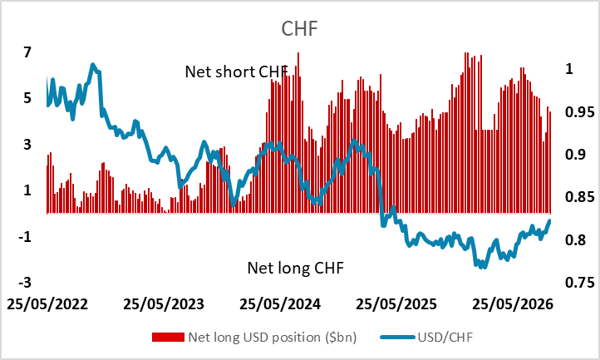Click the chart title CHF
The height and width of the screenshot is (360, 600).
pyautogui.click(x=300, y=28)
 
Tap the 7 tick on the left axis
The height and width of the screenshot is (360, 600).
pyautogui.click(x=27, y=52)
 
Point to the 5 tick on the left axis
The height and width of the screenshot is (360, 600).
pyautogui.click(x=27, y=98)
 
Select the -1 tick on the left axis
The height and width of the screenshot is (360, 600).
pyautogui.click(x=24, y=237)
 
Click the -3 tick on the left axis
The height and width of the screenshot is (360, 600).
pyautogui.click(x=24, y=283)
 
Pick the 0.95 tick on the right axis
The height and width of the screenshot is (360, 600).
pyautogui.click(x=580, y=112)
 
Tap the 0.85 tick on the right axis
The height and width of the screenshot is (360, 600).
pyautogui.click(x=580, y=197)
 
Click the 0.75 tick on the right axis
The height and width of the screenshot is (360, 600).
pyautogui.click(x=580, y=283)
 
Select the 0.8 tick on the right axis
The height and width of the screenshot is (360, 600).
pyautogui.click(x=576, y=240)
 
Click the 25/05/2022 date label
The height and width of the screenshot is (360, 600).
pyautogui.click(x=47, y=304)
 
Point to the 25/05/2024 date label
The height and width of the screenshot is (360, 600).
pyautogui.click(x=280, y=304)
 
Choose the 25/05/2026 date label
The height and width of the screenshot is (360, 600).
pyautogui.click(x=513, y=304)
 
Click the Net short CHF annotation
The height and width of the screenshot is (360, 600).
pyautogui.click(x=236, y=72)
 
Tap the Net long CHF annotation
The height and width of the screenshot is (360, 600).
pyautogui.click(x=295, y=268)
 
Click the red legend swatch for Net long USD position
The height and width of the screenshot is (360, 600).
pyautogui.click(x=168, y=337)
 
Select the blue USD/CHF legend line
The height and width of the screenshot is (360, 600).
pyautogui.click(x=398, y=338)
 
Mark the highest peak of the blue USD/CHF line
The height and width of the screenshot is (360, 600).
pyautogui.click(x=93, y=64)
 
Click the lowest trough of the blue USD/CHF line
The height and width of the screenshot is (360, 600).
pyautogui.click(x=484, y=267)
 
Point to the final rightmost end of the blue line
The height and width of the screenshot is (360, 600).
pyautogui.click(x=550, y=220)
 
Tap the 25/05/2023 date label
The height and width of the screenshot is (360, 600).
pyautogui.click(x=164, y=304)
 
